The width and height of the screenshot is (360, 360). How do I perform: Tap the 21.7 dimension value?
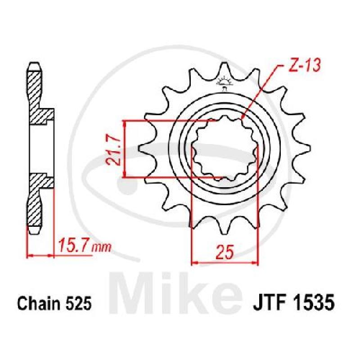(x=113, y=151)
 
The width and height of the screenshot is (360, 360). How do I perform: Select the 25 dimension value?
(x=225, y=252)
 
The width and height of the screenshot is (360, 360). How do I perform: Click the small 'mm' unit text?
(x=102, y=248)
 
